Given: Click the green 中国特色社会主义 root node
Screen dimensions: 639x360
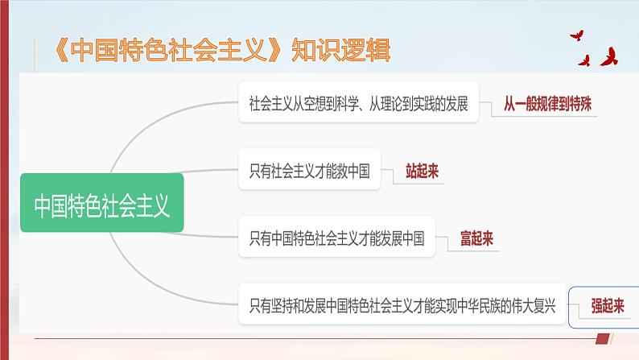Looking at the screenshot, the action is pos(101,205).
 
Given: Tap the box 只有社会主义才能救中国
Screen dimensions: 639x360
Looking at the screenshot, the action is pos(309,170).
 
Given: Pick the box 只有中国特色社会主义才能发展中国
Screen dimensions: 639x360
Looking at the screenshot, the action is pos(336,238).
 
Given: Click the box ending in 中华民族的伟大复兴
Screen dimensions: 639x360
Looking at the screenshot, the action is pos(402,305).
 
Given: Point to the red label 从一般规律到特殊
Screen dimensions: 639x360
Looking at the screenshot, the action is pos(551,103).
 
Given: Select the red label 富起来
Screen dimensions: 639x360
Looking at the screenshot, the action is pos(476,238).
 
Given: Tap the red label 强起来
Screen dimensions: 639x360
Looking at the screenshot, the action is pos(608,305).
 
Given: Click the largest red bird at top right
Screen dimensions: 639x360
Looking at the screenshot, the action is pos(608,57).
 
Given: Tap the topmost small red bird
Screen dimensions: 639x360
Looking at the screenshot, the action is pos(577,35).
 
